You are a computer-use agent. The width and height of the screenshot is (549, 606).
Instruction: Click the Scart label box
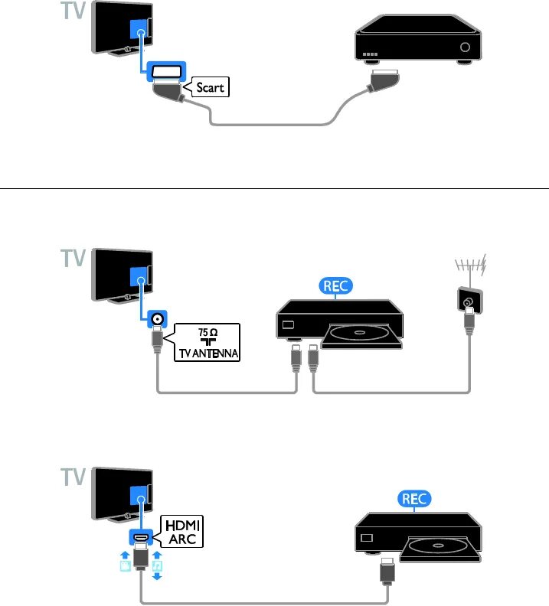coord(209,87)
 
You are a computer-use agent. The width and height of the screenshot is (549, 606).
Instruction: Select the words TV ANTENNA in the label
coord(206,354)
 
